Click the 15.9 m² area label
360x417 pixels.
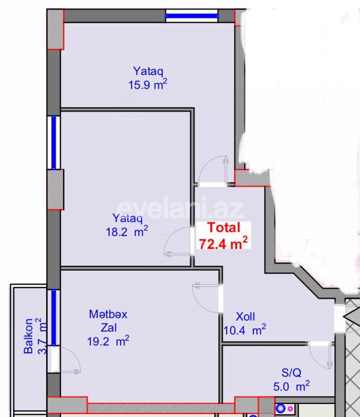147,85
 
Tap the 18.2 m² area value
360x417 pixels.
127,231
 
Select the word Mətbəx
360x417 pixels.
108,314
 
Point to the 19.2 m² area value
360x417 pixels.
108,342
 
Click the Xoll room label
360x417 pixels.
245,317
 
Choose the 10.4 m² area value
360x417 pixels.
245,330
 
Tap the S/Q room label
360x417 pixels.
291,372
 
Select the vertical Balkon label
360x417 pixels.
29,335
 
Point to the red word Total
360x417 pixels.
223,228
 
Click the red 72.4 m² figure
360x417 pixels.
223,243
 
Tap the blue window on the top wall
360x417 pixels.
192,16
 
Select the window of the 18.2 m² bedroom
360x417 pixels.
54,142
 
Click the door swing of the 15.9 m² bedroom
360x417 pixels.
214,171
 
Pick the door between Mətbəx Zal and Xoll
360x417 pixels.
206,298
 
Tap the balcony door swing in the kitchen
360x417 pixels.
67,360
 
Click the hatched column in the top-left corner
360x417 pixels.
56,29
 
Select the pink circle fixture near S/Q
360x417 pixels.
290,409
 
